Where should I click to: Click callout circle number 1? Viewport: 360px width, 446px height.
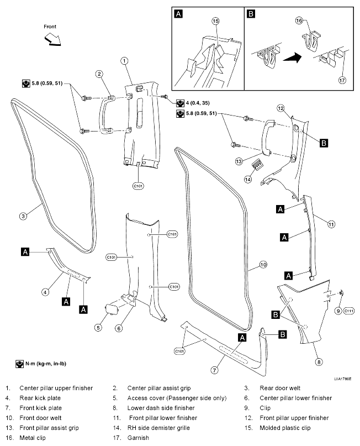point(124,61)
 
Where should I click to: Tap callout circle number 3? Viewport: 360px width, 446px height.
point(23,216)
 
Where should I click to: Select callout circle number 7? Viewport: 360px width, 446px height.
point(214,370)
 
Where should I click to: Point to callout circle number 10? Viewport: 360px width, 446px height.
point(263,265)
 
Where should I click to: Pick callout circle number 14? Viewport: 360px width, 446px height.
point(248,180)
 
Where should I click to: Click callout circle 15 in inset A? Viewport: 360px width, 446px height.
point(216,21)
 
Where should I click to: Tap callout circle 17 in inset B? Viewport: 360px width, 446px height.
point(342,80)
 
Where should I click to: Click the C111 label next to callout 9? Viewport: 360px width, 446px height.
point(348,311)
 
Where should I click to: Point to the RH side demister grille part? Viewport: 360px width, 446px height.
point(257,164)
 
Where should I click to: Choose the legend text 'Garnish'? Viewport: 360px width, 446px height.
point(138,438)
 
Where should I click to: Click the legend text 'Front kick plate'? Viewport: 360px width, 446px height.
point(41,408)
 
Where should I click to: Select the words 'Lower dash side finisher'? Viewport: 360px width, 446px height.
point(161,408)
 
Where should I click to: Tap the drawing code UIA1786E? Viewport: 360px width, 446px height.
point(342,379)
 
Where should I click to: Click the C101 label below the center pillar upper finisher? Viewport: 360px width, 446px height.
point(138,186)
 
